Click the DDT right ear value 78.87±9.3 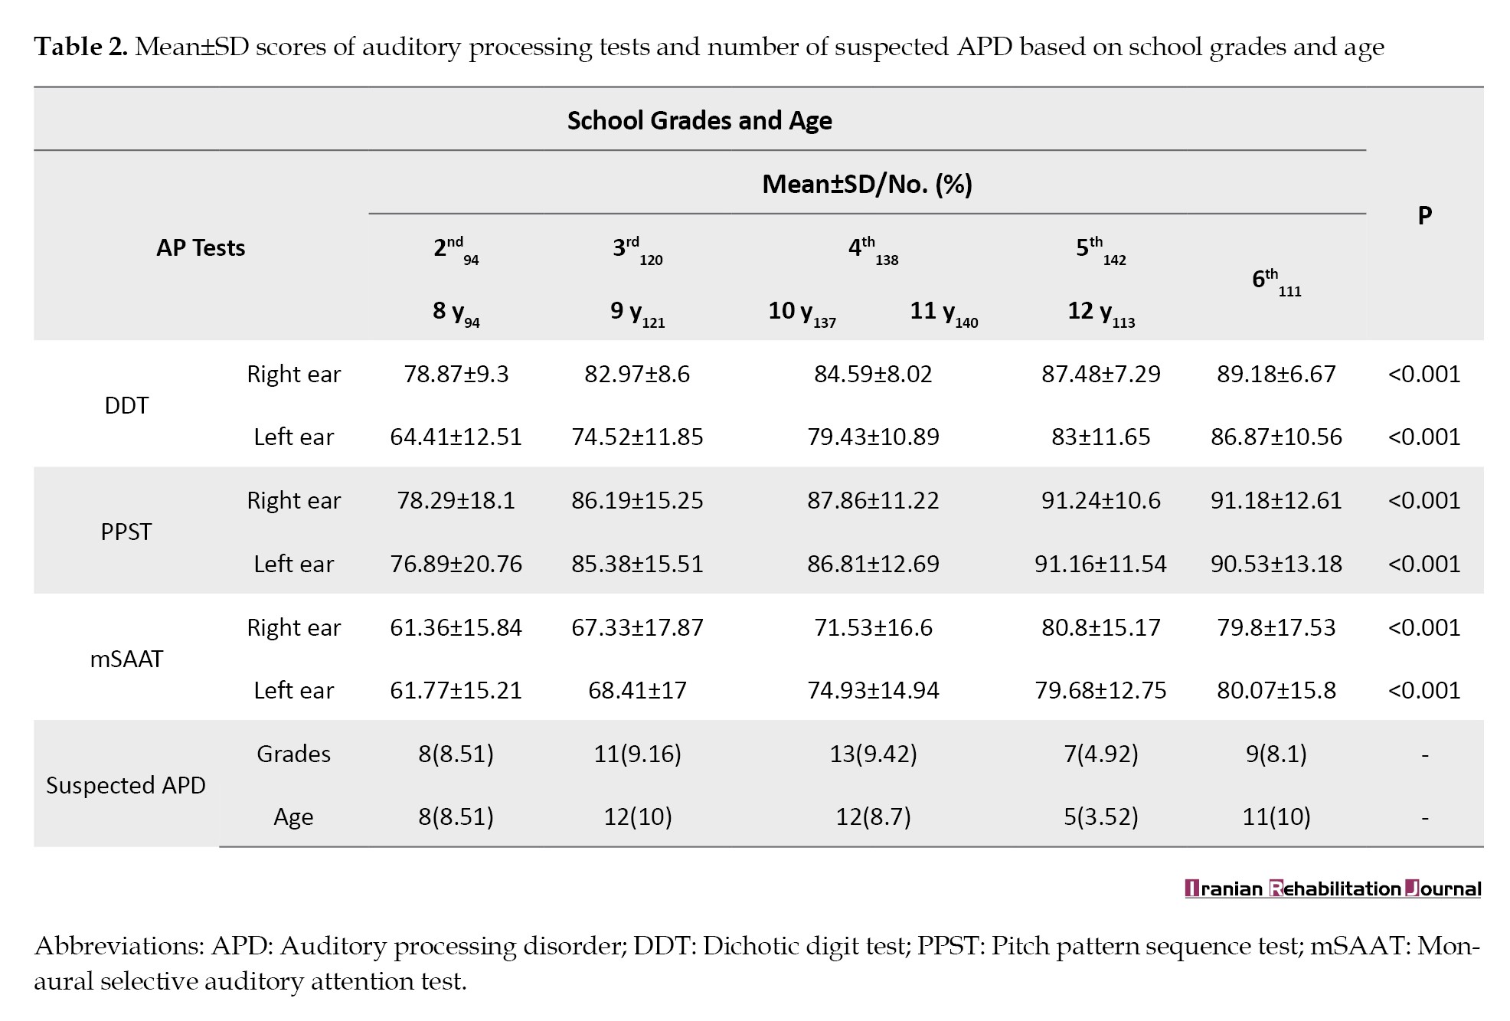coord(456,374)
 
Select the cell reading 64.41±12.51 coord(456,437)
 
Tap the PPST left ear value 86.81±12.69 coord(873,564)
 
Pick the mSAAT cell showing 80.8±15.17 coord(1100,627)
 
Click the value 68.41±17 coord(637,690)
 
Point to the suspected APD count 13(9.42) coord(873,754)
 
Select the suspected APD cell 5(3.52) coord(1100,816)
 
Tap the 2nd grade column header coord(456,250)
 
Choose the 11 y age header coord(943,313)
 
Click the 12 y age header coord(1101,313)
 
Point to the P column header coord(1424,215)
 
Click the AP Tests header coord(201,247)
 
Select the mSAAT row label coord(126,659)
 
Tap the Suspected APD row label coord(126,785)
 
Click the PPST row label coord(126,532)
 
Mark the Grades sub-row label coord(293,754)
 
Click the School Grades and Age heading coord(699,120)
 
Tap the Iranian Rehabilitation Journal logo coord(1333,888)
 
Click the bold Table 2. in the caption coord(80,47)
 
